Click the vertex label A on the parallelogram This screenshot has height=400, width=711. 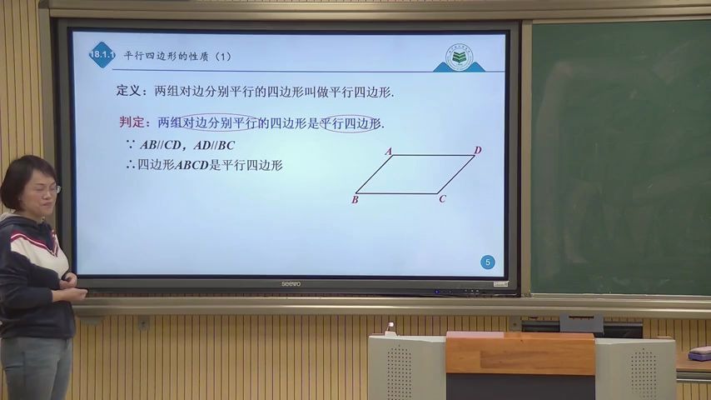pyautogui.click(x=388, y=152)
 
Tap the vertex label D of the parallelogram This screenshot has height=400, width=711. pyautogui.click(x=478, y=150)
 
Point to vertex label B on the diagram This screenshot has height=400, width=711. pyautogui.click(x=355, y=199)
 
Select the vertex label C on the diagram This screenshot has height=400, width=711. pyautogui.click(x=442, y=198)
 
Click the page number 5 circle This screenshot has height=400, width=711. pyautogui.click(x=488, y=262)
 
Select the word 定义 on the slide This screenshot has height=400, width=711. pyautogui.click(x=130, y=91)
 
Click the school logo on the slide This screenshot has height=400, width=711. pyautogui.click(x=459, y=56)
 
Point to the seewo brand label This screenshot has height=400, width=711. pyautogui.click(x=291, y=284)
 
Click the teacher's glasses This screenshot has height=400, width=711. pyautogui.click(x=48, y=189)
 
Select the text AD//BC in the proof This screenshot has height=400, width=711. pyautogui.click(x=214, y=145)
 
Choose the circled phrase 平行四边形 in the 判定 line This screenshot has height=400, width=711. pyautogui.click(x=351, y=123)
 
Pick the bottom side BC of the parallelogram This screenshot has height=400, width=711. pyautogui.click(x=397, y=194)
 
